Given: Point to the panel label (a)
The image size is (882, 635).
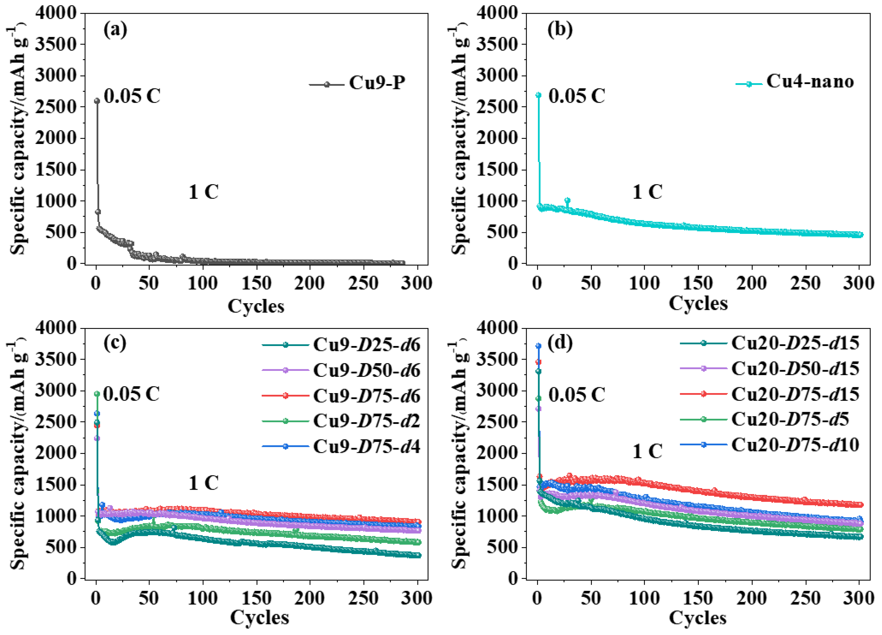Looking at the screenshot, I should click(115, 30).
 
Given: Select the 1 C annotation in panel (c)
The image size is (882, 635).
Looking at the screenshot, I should click(203, 483).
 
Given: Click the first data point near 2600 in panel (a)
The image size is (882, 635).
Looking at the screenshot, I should click(97, 101).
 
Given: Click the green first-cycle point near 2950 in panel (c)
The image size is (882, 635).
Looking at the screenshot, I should click(97, 394).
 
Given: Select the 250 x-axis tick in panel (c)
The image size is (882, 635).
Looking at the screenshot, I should click(363, 598).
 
